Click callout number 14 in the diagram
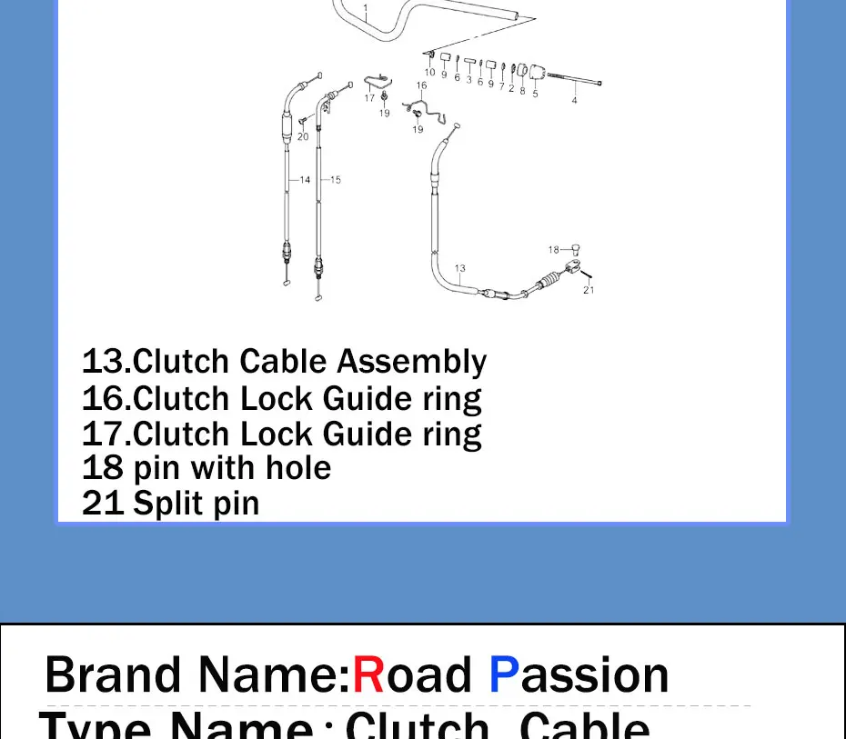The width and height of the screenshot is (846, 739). (x=305, y=180)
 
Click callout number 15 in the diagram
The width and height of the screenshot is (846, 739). (x=335, y=180)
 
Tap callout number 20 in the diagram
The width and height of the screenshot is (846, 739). (x=303, y=137)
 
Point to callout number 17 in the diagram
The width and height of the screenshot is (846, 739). (x=369, y=98)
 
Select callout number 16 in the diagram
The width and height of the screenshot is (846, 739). (x=421, y=86)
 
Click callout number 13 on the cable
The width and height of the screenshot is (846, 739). (x=460, y=269)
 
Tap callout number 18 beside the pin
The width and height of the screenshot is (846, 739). (x=554, y=249)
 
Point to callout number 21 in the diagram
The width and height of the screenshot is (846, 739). (x=589, y=290)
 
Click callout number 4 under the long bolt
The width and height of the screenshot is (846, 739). (x=574, y=100)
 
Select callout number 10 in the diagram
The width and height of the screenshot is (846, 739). (x=429, y=73)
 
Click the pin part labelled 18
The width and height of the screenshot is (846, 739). (x=574, y=247)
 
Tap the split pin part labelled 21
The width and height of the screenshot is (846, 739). (x=587, y=275)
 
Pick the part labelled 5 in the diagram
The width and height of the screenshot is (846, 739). (x=535, y=74)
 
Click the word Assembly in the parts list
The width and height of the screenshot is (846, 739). (x=412, y=363)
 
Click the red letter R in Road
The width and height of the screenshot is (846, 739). (x=368, y=675)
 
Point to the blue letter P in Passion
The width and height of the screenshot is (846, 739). (x=505, y=675)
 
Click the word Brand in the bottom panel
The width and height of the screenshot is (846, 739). (x=113, y=675)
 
